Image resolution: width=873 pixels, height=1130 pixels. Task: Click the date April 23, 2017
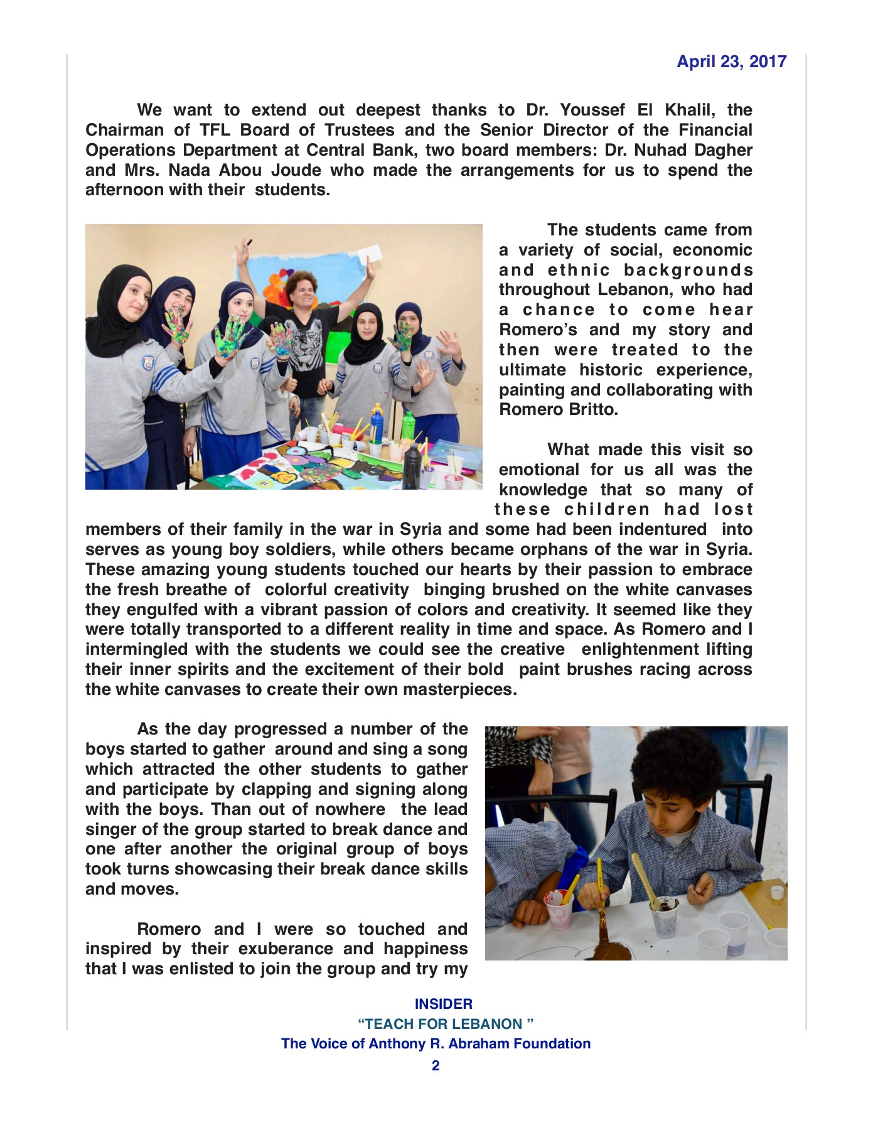click(x=731, y=62)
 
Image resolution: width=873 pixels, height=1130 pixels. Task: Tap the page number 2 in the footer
click(x=436, y=1065)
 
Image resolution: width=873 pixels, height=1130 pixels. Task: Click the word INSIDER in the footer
click(x=443, y=1004)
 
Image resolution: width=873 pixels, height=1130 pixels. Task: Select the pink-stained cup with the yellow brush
click(x=559, y=907)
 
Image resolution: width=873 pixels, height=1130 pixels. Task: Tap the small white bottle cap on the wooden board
click(x=777, y=891)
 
